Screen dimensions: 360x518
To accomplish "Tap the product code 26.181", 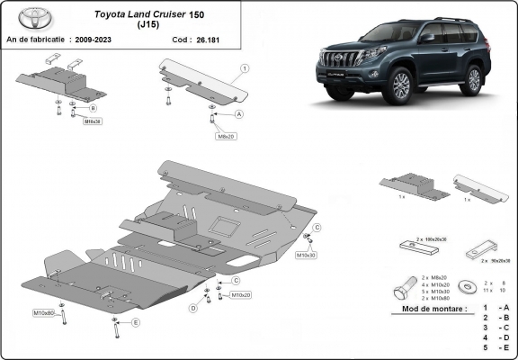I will [x=209, y=40].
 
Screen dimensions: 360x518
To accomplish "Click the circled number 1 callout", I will [x=244, y=68].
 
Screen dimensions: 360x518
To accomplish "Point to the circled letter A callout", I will [x=239, y=115].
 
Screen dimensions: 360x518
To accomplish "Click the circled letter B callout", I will [x=92, y=109].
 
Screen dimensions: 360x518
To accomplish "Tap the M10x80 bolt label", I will [x=44, y=312].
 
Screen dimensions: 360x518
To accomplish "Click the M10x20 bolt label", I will [x=239, y=294].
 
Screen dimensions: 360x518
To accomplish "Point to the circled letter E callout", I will [x=136, y=322].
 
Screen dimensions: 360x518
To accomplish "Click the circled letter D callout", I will [x=192, y=308].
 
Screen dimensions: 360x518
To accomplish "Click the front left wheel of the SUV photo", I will [x=400, y=86].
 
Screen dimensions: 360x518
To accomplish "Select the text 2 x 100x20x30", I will [x=432, y=240].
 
